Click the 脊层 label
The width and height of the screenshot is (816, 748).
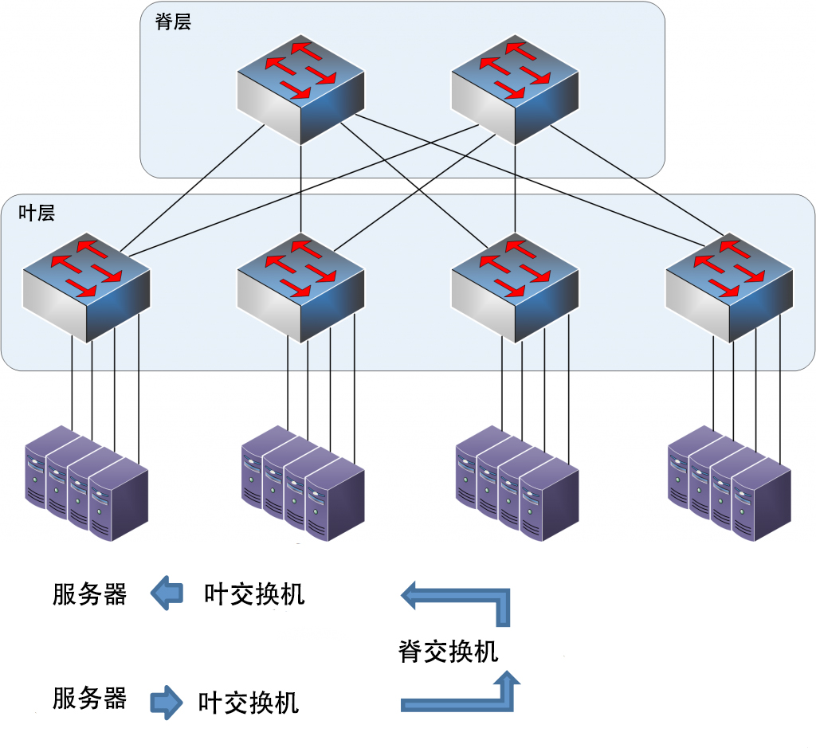(173, 22)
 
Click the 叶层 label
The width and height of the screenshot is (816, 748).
(37, 213)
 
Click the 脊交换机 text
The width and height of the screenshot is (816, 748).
(448, 651)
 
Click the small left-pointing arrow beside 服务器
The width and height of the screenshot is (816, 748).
(167, 593)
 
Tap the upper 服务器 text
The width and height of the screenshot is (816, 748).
(89, 594)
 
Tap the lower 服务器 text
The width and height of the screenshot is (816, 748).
(89, 699)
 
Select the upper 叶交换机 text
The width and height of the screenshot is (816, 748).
(254, 594)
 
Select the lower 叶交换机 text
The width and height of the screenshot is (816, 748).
(249, 703)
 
